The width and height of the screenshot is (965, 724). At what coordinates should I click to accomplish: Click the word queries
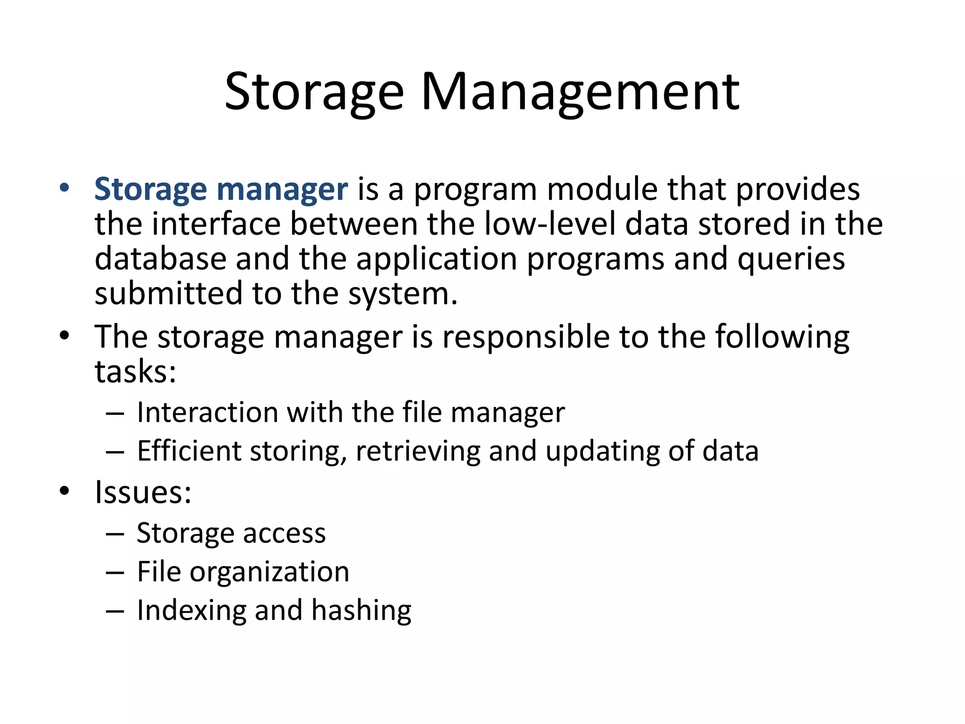click(x=791, y=260)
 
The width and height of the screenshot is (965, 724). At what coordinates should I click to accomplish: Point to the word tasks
click(x=135, y=372)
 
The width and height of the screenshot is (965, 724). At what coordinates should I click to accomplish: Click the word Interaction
click(x=207, y=412)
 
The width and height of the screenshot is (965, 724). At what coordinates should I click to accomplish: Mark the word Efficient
click(x=189, y=451)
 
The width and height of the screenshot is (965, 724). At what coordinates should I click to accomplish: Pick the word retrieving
click(x=418, y=452)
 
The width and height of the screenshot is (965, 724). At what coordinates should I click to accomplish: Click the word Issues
click(x=143, y=493)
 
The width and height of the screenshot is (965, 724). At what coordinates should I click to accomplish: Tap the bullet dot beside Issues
click(x=65, y=491)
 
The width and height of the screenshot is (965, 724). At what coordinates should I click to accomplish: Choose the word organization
click(x=270, y=573)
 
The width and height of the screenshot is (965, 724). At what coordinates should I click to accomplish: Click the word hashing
click(x=361, y=611)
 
